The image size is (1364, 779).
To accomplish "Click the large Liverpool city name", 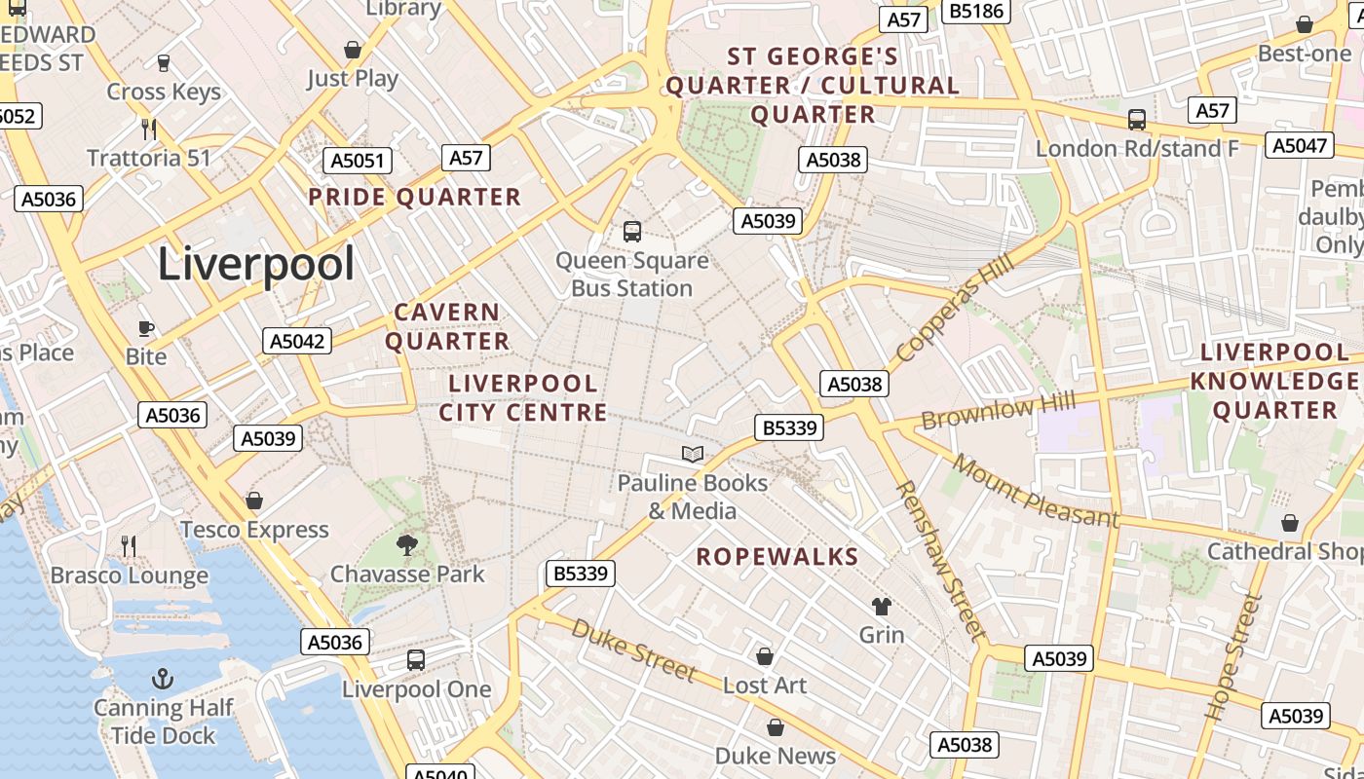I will point(256,264).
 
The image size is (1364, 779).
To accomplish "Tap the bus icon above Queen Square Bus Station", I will point(632,232).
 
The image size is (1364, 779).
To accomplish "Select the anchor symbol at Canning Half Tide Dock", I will point(163,679).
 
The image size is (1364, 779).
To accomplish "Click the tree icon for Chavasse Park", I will point(407,544).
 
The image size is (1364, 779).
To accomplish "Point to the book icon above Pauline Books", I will point(693,454).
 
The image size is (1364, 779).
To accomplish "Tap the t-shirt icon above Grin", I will point(882,607).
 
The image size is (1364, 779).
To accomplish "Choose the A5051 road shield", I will point(358,161).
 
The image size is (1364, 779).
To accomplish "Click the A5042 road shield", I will point(297,341).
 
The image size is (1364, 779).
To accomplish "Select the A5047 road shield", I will point(1300,145).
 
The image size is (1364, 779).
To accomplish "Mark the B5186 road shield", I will point(977,11).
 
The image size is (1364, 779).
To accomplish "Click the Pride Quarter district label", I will point(415,198).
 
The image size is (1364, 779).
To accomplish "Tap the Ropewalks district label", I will point(777,557).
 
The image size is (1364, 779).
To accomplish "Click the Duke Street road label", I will point(634,649).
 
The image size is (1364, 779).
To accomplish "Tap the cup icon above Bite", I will point(146,328).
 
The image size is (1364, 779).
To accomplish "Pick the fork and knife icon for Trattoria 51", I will point(149,129).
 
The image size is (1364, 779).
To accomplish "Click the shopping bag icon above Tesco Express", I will point(254,501).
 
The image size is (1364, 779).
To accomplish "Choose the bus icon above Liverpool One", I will point(416,660).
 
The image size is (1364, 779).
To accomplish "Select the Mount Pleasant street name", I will point(1035,490).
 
